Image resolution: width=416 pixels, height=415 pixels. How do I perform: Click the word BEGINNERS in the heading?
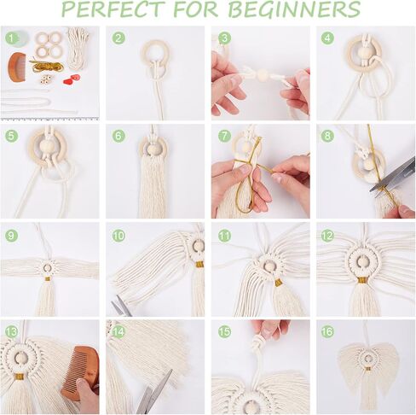[x=303, y=10]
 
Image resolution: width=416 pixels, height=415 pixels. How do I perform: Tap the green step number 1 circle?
[x=11, y=38]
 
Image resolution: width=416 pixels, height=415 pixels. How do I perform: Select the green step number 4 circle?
[x=327, y=38]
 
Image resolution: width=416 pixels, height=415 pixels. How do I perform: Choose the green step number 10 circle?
[x=118, y=235]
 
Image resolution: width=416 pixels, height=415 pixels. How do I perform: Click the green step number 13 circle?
[x=11, y=332]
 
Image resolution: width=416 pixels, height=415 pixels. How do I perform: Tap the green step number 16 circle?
[x=327, y=332]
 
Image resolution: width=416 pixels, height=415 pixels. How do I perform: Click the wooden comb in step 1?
[x=17, y=66]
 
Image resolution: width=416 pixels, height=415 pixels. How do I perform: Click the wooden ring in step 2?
[x=154, y=55]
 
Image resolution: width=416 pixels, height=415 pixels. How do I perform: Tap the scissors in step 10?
[x=122, y=306]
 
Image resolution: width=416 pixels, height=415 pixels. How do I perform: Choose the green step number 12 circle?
[x=327, y=235]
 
